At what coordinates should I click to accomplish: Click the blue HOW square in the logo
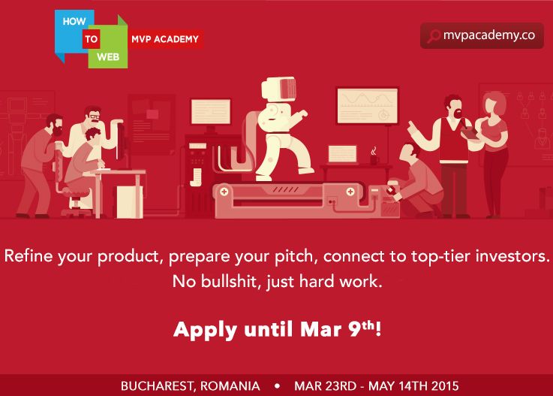tap(74, 23)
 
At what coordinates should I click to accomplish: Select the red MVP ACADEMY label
tap(166, 39)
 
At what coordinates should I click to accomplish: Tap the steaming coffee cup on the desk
tap(374, 158)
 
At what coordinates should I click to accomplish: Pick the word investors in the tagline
tap(513, 255)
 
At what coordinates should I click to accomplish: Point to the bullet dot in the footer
tap(277, 386)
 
